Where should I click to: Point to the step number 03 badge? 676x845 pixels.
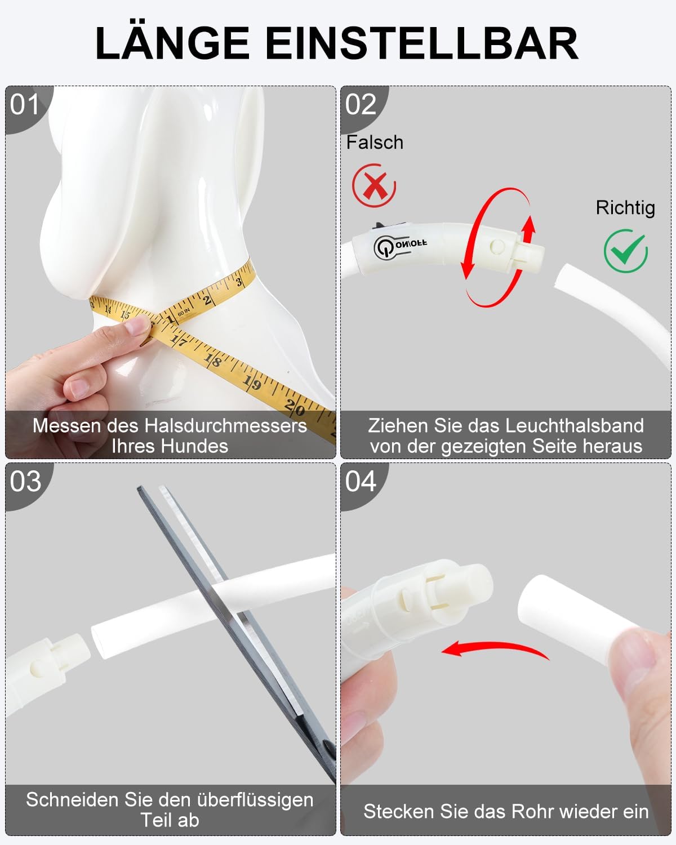pyautogui.click(x=25, y=482)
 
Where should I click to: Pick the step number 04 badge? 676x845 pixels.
pyautogui.click(x=361, y=482)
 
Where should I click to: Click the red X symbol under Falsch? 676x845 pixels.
pyautogui.click(x=374, y=185)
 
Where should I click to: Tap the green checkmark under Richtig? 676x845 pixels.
pyautogui.click(x=626, y=251)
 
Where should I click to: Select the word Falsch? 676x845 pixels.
pyautogui.click(x=375, y=142)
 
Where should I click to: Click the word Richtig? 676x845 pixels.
pyautogui.click(x=625, y=208)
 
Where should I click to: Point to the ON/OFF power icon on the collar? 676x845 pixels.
pyautogui.click(x=384, y=247)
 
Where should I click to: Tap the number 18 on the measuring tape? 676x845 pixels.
pyautogui.click(x=212, y=359)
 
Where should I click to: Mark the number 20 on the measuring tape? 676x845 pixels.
pyautogui.click(x=295, y=408)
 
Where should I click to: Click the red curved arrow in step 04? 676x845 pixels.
pyautogui.click(x=495, y=647)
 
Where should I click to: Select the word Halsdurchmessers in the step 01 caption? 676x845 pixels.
pyautogui.click(x=225, y=426)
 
